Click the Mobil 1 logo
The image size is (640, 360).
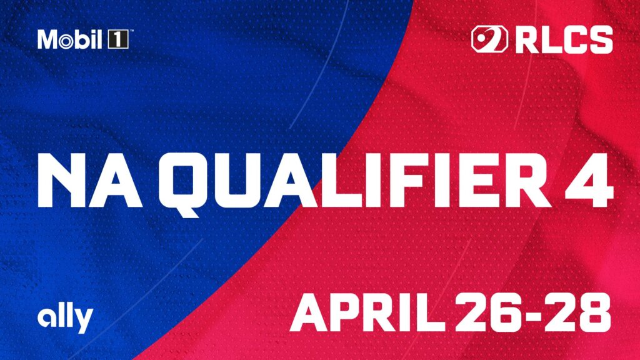[x=82, y=40]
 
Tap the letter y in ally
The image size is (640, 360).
[x=84, y=321]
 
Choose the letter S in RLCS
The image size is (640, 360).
[x=599, y=39]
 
